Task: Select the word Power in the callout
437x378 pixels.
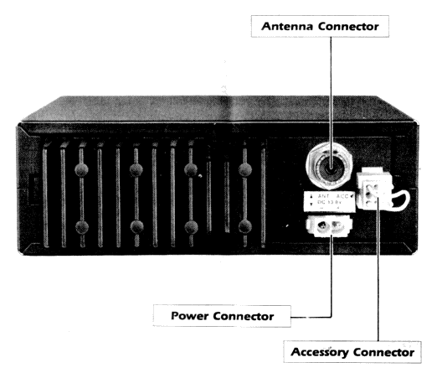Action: (194, 317)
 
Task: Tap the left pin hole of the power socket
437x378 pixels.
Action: (321, 225)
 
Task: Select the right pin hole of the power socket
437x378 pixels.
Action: (339, 225)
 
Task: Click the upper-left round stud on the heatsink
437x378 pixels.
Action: (80, 169)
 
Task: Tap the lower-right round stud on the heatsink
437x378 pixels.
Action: (244, 227)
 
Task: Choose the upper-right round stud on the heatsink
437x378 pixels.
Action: (244, 169)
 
